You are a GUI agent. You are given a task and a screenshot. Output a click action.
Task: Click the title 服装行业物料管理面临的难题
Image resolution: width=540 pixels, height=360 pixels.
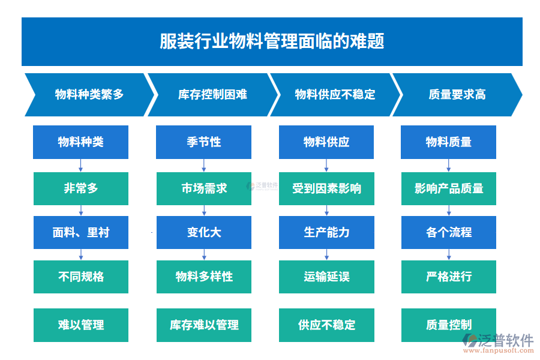point(272,41)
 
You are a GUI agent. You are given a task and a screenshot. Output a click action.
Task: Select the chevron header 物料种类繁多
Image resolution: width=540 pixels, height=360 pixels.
point(89,95)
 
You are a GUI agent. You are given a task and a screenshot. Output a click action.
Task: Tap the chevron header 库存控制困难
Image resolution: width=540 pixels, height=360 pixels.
point(212,95)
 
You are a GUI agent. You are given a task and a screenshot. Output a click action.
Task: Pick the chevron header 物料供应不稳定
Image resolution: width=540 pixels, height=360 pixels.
point(335,95)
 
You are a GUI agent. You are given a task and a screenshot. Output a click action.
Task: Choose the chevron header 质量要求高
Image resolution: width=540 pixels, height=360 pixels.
point(457,95)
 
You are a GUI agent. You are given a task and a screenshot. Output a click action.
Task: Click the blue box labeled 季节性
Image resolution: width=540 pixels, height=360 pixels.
point(203,142)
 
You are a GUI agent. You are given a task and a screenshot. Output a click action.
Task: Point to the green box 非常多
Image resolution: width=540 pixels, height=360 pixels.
point(81,188)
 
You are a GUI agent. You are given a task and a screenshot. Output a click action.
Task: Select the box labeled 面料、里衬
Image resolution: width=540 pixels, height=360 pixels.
point(81,232)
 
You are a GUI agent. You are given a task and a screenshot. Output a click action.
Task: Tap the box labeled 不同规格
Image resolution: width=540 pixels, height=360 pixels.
point(81,277)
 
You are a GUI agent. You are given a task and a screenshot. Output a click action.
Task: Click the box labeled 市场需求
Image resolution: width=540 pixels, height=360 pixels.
point(204,188)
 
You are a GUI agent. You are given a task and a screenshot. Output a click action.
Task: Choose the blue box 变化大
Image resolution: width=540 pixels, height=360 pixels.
point(204,232)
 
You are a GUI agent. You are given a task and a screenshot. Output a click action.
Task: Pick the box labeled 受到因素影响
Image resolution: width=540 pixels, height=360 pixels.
point(326,188)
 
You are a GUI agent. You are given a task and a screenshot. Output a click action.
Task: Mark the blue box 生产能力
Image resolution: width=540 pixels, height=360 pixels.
point(326,232)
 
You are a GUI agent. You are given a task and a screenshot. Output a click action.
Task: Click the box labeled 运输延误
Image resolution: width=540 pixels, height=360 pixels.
point(326,277)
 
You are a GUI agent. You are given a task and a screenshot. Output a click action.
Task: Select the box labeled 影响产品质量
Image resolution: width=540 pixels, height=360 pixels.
point(449,188)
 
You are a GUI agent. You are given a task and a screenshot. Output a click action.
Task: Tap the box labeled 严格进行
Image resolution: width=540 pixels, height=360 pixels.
point(449,277)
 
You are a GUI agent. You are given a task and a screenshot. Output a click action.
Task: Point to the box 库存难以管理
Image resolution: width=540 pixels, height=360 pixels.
point(204,325)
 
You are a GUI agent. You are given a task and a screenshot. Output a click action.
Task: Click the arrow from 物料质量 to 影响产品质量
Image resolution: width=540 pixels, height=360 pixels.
point(449,166)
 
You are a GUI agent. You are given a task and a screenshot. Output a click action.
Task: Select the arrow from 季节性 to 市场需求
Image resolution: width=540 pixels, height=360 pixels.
point(204,166)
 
